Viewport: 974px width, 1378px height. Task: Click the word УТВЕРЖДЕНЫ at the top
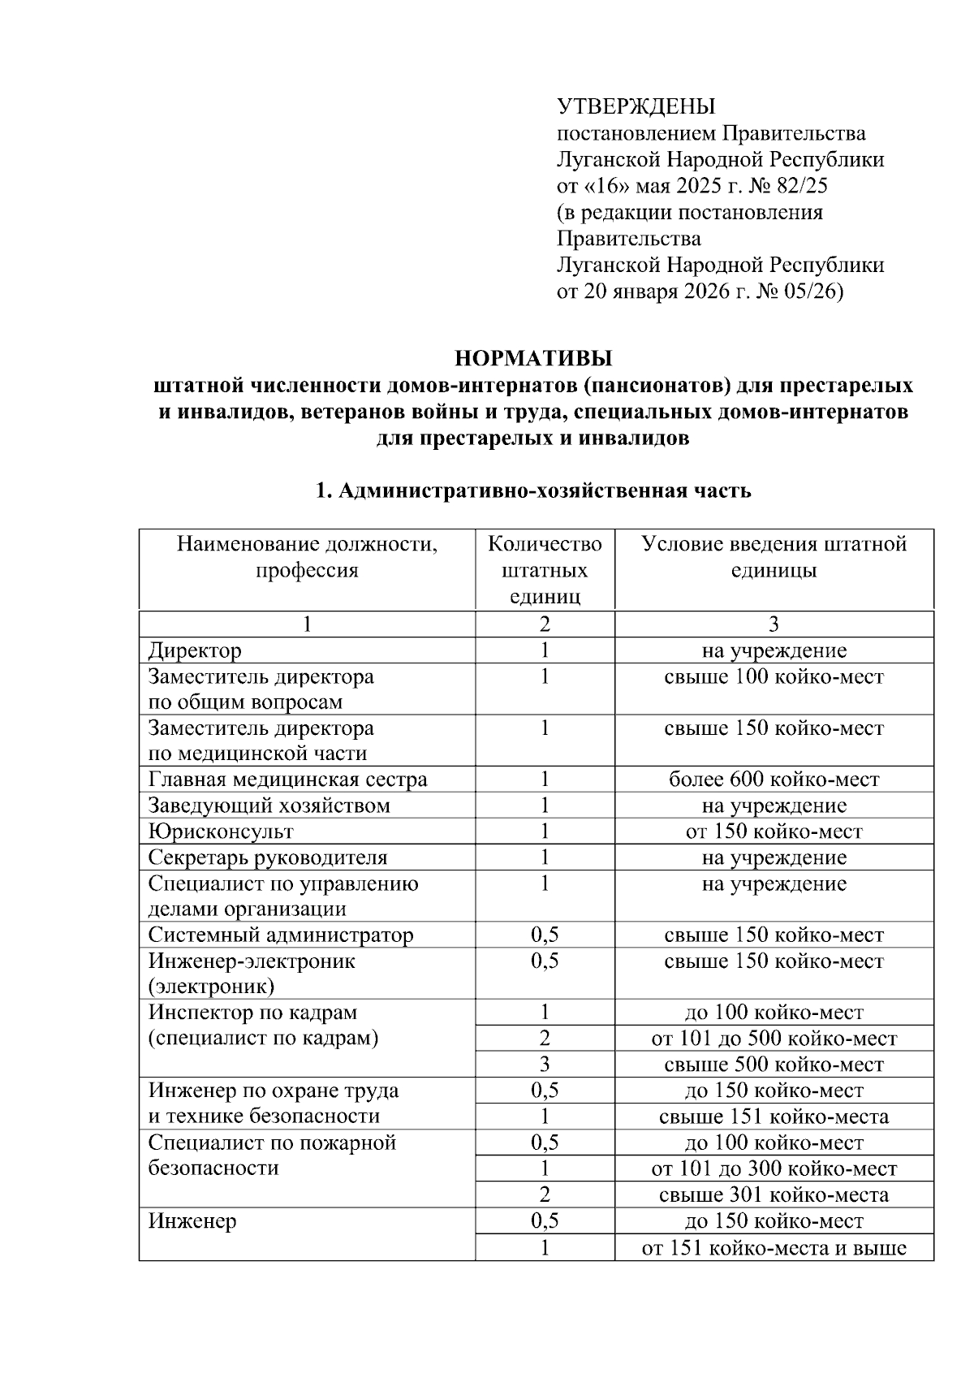636,106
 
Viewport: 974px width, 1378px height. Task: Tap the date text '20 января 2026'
657,292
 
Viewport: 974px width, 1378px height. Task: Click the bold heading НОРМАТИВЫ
533,358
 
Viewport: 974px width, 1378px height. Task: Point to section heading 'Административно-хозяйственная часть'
544,491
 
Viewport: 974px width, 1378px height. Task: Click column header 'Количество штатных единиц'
545,570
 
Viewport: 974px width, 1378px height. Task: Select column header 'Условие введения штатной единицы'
774,557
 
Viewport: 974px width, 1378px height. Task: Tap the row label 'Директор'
195,650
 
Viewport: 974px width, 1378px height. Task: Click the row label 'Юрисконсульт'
221,832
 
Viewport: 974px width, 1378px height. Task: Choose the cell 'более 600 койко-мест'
774,780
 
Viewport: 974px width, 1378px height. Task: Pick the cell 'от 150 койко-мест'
774,832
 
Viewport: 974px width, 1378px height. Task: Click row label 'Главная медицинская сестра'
287,780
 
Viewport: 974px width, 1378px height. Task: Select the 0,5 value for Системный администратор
545,935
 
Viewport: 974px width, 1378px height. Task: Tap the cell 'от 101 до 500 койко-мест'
774,1039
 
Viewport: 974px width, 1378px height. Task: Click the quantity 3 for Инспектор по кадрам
545,1065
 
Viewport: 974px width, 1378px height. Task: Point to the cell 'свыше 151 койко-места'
774,1117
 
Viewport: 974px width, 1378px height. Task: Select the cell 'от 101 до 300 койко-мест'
774,1169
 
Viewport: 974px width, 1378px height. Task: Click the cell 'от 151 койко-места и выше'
774,1247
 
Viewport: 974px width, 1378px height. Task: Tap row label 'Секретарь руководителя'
268,857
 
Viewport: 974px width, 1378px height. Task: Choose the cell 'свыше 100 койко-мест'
774,676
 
